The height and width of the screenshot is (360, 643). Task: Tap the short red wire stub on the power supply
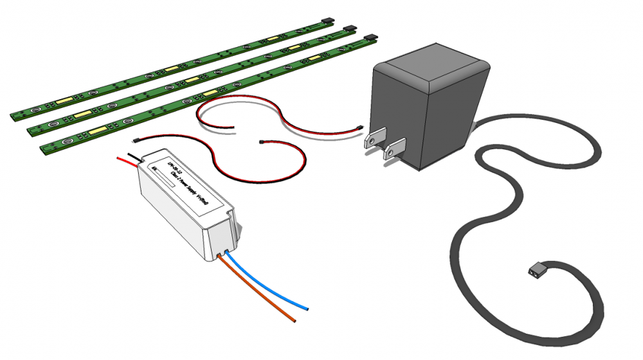point(122,161)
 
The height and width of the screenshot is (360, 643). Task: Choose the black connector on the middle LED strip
point(350,29)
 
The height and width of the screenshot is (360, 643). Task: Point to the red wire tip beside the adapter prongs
point(360,126)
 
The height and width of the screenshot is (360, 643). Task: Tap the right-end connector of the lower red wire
point(260,141)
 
